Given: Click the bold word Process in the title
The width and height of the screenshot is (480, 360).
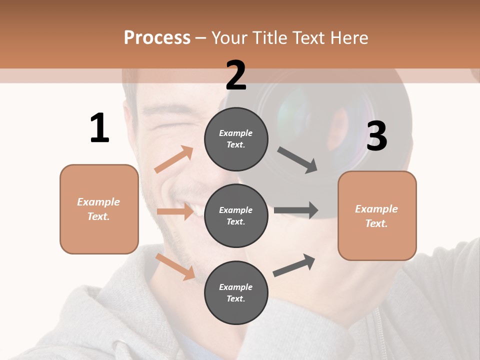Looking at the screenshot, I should [157, 37].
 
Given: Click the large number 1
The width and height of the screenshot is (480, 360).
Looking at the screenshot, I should [99, 128].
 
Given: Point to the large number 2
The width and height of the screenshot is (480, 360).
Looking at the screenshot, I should [236, 75].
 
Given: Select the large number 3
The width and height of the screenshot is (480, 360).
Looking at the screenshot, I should [376, 136].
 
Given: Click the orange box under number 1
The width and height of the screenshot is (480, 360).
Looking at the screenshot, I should [99, 209].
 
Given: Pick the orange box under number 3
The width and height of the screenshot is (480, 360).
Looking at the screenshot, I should [377, 215].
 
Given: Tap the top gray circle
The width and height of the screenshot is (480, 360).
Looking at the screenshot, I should [236, 139].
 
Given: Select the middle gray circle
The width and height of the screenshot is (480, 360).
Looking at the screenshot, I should [236, 215].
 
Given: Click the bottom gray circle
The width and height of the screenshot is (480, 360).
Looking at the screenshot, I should [236, 292].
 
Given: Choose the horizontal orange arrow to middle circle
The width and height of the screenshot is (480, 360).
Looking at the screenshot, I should [175, 211].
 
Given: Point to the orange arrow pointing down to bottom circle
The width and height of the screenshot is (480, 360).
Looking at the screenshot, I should [175, 266].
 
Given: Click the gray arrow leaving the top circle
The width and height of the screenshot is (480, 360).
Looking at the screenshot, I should [298, 160].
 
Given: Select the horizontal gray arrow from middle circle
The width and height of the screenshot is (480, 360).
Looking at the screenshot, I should [296, 210].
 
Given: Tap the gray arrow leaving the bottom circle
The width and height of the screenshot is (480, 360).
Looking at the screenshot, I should [294, 265].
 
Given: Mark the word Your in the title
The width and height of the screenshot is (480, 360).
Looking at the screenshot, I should [229, 37].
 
